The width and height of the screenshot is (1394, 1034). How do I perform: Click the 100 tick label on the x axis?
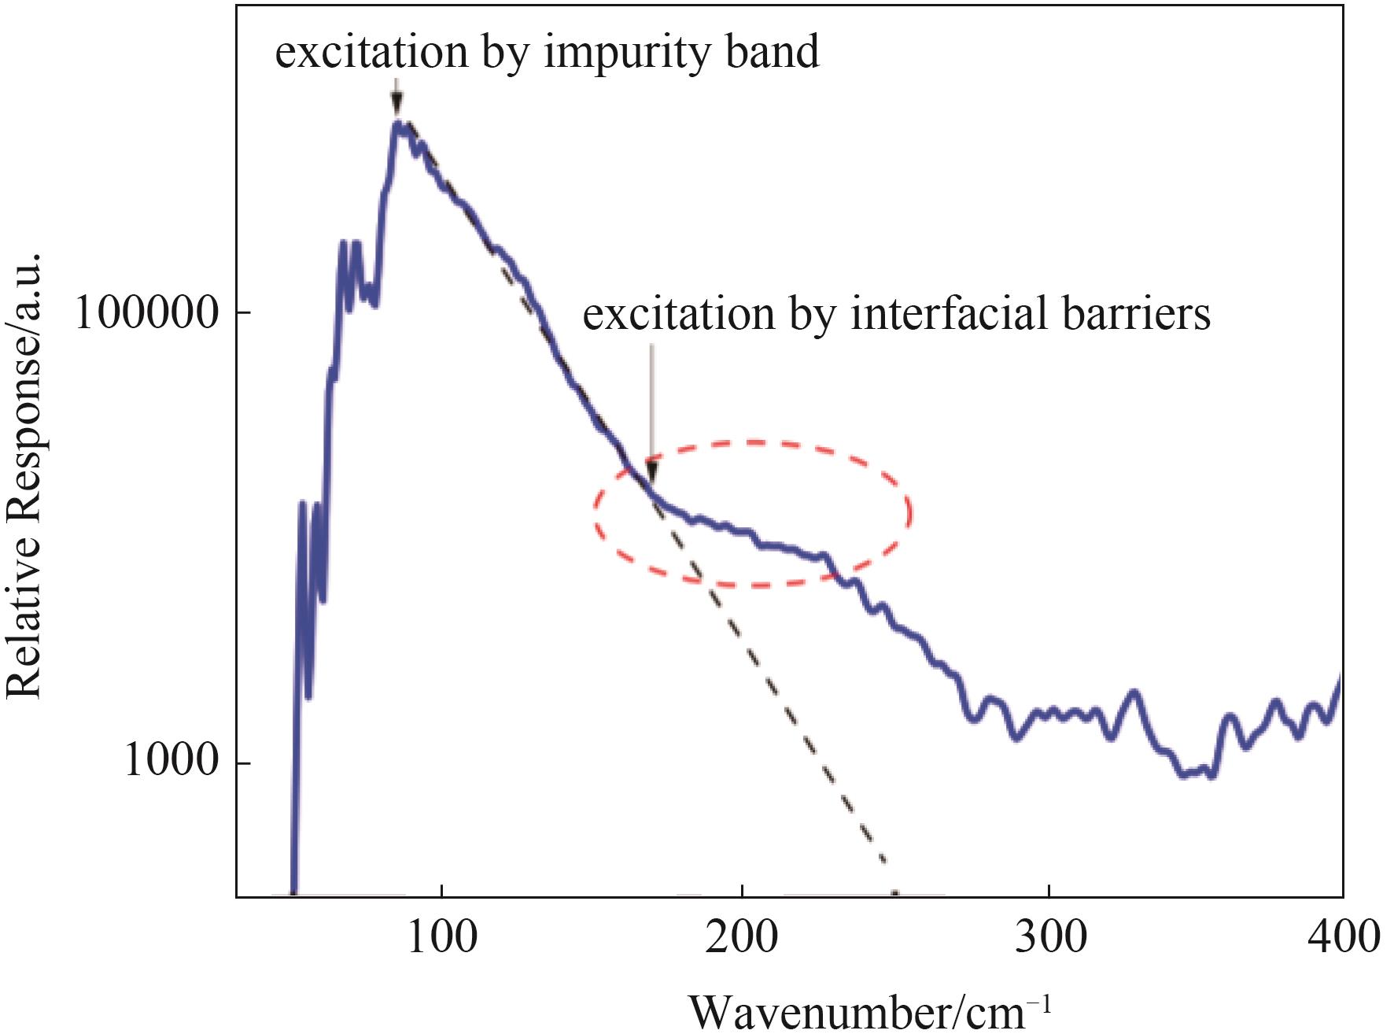point(441,938)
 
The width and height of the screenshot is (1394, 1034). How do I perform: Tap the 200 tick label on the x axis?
point(741,938)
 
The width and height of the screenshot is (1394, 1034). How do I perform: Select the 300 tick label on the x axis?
point(1049,938)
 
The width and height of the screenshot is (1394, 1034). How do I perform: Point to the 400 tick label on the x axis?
point(1342,938)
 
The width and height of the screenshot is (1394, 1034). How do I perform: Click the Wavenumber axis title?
point(869,1010)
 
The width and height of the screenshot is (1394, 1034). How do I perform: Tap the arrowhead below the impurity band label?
point(397,105)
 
